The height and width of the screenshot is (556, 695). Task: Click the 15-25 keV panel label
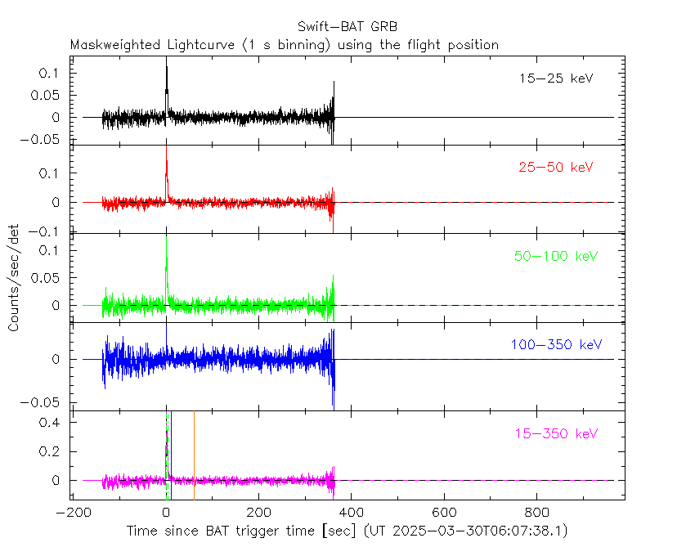click(x=555, y=79)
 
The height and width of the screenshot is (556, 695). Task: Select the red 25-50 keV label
click(x=555, y=168)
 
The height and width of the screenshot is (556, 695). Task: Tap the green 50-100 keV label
click(x=556, y=256)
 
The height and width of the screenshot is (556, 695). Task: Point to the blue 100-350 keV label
click(x=556, y=344)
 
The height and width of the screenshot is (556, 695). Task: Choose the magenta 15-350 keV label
click(x=556, y=433)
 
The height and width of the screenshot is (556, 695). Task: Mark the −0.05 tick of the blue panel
click(x=47, y=402)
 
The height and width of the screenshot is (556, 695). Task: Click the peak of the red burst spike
click(x=166, y=160)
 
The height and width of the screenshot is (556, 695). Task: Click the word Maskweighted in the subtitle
click(x=113, y=45)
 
